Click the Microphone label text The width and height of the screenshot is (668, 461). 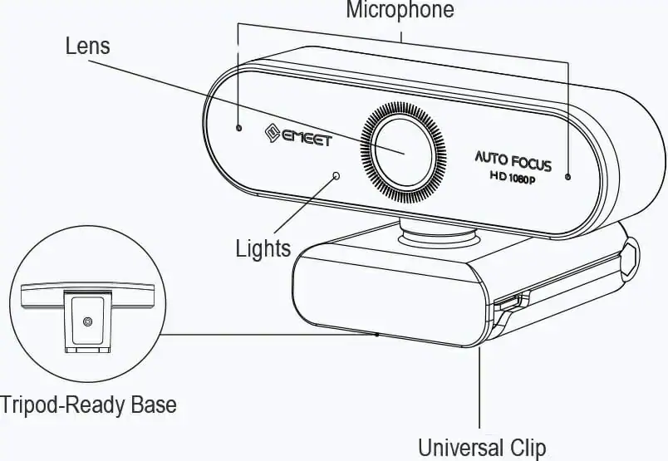[x=400, y=11]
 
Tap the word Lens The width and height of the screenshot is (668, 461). [x=87, y=45]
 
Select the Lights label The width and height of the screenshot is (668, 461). [x=263, y=248]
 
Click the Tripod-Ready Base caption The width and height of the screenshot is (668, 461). [x=88, y=405]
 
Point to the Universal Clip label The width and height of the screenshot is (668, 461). [x=482, y=448]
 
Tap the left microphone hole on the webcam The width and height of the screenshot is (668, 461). [x=239, y=129]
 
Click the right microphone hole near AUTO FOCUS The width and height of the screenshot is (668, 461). [x=568, y=177]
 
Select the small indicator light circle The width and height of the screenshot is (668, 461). [x=336, y=175]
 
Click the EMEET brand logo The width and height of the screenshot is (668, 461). [x=297, y=135]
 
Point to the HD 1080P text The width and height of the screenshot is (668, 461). [x=512, y=178]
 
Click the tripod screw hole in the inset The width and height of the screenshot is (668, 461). [x=87, y=321]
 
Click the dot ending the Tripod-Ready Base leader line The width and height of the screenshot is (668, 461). [x=377, y=334]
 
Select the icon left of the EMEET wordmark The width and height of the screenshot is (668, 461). [x=269, y=131]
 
